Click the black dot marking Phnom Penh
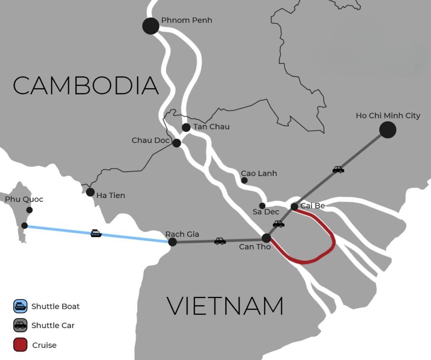tap(151, 26)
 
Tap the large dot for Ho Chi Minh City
tap(388, 130)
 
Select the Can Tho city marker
tap(266, 238)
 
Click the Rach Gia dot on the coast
tap(172, 242)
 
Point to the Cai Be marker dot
tap(295, 206)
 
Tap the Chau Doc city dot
tap(177, 143)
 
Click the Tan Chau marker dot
tap(186, 127)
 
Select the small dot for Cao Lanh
tap(244, 180)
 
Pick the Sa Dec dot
tap(262, 206)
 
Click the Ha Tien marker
tap(90, 192)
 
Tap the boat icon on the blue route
tap(96, 233)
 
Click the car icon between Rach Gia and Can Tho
tap(220, 241)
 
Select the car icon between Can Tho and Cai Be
tap(279, 224)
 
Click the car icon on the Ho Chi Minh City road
tap(338, 169)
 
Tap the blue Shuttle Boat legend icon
tap(20, 306)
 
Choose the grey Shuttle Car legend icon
tap(20, 326)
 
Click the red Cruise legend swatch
tap(20, 345)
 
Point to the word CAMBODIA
tap(86, 85)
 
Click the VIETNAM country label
tap(225, 306)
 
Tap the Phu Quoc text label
tap(24, 199)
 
